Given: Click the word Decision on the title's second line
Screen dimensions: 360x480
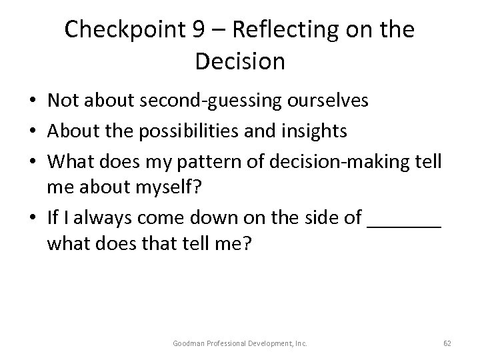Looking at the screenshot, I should point(240,61).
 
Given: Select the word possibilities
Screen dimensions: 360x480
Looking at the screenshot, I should point(191,131).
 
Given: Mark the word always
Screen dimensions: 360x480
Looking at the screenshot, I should point(95,217).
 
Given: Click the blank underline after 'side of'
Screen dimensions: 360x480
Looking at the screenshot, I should point(404,224).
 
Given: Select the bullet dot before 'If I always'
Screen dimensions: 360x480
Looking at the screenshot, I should point(33,218).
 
